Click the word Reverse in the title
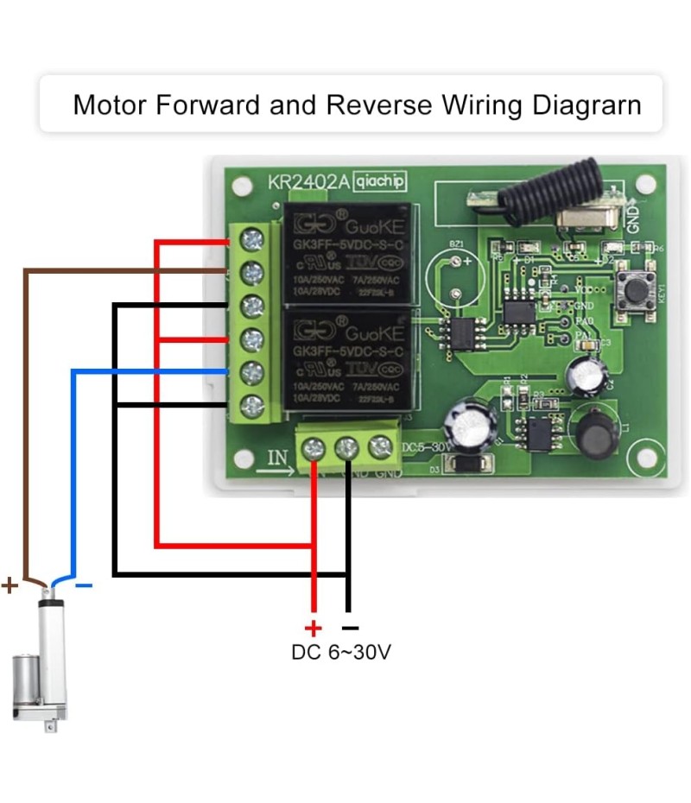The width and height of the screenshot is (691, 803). point(378,104)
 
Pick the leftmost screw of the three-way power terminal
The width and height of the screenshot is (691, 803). point(314,447)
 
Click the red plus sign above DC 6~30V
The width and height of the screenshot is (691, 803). point(313,629)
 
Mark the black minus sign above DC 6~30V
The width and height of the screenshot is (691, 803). point(349,629)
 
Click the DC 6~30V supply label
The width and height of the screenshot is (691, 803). point(341,653)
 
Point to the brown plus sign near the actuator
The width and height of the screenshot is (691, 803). point(10,586)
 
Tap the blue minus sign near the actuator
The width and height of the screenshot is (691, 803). point(83,586)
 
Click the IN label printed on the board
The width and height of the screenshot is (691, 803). point(276,458)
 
